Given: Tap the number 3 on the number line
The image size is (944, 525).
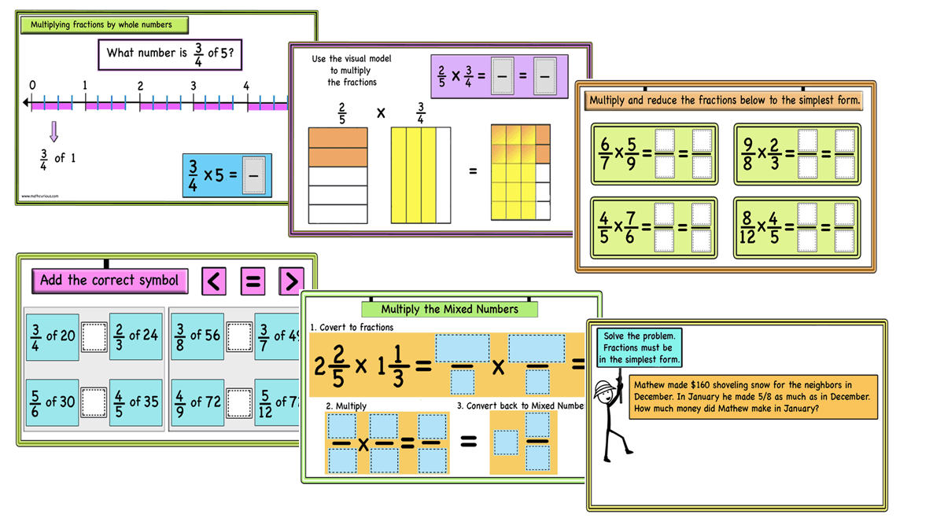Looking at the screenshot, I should pos(193,86).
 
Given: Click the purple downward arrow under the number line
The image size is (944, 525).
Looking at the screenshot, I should pos(53,131).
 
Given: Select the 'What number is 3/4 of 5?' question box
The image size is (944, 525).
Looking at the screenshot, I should pos(169,54).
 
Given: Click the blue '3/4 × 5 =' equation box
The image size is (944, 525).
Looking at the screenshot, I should pos(227,174).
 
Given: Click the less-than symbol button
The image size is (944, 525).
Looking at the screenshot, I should pos(214,281).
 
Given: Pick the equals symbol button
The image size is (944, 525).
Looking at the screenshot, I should pos(253,281).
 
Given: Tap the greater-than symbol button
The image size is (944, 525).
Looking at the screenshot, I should pos(291,281).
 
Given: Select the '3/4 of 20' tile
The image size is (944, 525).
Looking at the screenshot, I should pos(53,336).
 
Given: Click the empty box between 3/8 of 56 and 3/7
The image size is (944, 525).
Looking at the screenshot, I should pos(239,336).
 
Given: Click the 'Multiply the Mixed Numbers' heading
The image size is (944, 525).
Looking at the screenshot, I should pos(449,309).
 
